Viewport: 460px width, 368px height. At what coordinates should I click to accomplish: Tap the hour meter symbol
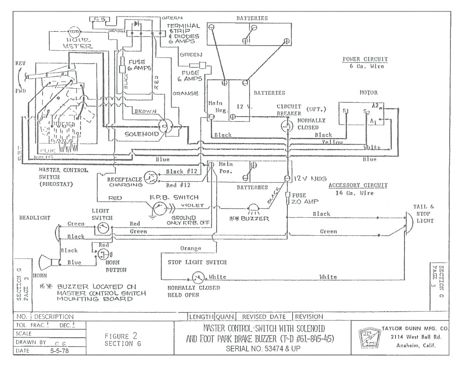pos(74,32)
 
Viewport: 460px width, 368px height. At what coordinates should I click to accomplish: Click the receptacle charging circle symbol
pos(150,177)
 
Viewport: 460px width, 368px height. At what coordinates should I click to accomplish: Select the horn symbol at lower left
pos(46,262)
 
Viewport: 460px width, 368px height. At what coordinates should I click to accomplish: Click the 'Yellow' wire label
pos(332,142)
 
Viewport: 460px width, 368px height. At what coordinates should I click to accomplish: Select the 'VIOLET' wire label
pos(192,206)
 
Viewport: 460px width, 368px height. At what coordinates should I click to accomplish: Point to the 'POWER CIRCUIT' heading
pos(365,59)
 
